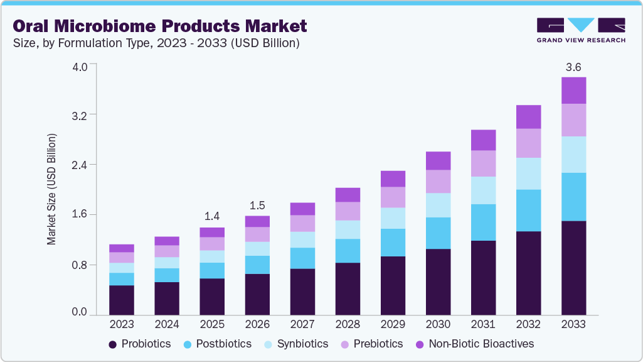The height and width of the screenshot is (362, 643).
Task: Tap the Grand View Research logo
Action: tap(581, 30)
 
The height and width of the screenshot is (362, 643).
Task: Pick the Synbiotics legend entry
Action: tap(295, 344)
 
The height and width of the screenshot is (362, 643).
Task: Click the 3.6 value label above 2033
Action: tap(573, 67)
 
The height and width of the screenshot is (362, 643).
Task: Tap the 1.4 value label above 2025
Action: tap(212, 217)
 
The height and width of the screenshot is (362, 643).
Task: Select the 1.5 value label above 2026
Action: tap(257, 206)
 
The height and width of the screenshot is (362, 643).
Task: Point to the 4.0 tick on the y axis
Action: tap(80, 65)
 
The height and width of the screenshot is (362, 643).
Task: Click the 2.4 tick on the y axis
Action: tap(80, 165)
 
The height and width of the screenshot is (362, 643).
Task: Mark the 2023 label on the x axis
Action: tap(122, 324)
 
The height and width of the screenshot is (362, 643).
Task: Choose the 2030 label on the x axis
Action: tap(438, 324)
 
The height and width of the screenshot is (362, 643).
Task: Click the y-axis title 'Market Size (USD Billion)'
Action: tap(52, 189)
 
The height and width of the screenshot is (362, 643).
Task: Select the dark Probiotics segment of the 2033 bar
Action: tap(573, 268)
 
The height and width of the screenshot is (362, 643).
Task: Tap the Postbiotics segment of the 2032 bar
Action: tap(528, 210)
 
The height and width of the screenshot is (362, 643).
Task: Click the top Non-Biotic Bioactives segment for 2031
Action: tap(483, 140)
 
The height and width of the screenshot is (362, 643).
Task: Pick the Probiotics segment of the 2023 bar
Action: tap(122, 300)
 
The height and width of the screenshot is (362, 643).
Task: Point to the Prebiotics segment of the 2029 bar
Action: tap(393, 197)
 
